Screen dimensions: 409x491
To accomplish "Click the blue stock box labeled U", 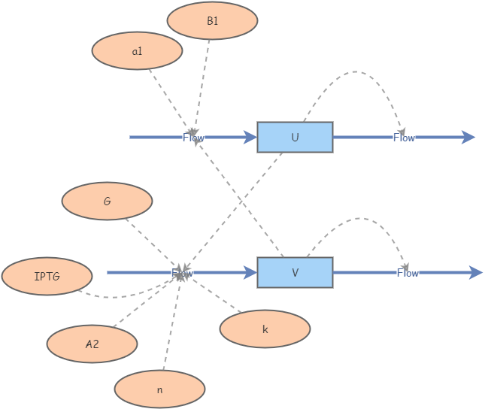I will coord(295,137).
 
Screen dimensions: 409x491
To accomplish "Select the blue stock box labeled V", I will coord(295,272).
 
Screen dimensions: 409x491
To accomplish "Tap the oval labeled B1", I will coord(212,21).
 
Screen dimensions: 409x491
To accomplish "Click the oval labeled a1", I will coord(137,51).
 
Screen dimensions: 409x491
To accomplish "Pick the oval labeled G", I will coord(107,201).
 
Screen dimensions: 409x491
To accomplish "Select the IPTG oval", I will coord(47,277).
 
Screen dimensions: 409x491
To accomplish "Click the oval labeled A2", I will coord(92,344).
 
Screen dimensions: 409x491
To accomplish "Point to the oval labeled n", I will coord(159,389).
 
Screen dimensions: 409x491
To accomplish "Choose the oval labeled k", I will coord(265,329).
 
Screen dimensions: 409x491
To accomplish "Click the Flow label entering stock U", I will coord(193,138).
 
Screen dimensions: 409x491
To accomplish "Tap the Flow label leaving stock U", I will coord(404,138).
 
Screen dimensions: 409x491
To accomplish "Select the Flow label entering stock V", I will coord(182,273).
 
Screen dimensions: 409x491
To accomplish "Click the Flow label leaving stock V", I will coord(408,273).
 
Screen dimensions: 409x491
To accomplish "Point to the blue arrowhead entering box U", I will coord(250,137).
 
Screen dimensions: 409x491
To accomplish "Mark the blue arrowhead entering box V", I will coord(250,272).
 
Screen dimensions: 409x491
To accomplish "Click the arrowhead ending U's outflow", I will coord(468,137).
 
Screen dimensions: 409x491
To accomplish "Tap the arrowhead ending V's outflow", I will coord(475,272).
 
